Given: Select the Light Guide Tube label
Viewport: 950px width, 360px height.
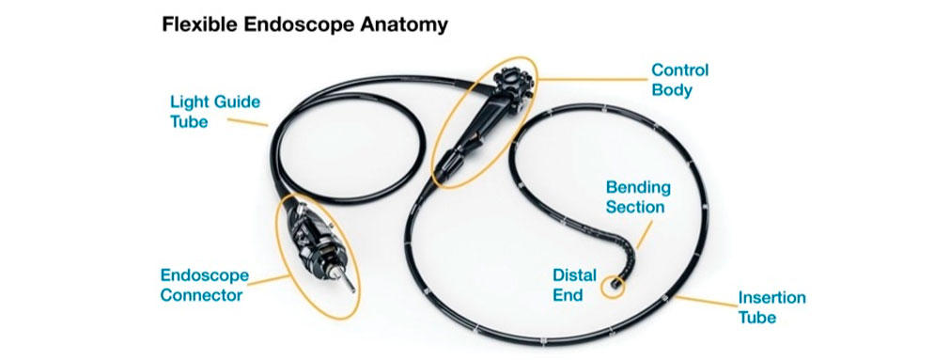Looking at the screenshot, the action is point(201,111).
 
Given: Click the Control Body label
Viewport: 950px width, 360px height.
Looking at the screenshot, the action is point(679,81).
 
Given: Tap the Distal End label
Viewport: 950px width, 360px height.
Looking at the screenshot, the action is point(574,285).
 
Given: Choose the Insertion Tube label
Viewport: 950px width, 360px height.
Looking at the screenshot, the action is point(771,307).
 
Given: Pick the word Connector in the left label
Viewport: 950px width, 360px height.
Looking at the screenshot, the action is point(202,294).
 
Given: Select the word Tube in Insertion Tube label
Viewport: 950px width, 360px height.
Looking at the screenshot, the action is point(757,317).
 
